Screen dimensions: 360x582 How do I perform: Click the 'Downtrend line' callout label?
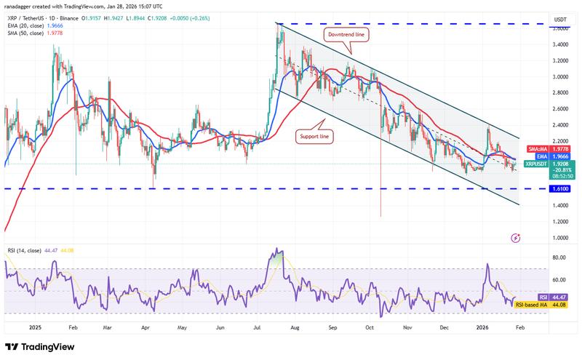pos(346,33)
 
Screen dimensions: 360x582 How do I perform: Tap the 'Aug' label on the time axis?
pos(295,327)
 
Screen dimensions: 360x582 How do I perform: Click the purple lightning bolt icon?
pos(516,237)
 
